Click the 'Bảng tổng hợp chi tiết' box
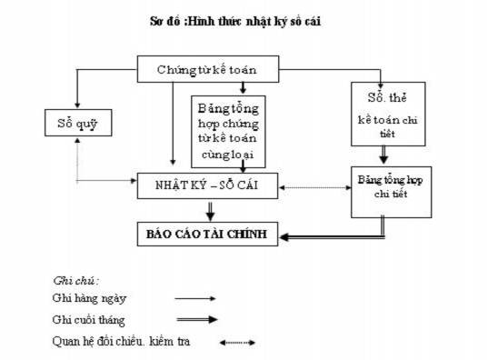pos(383,189)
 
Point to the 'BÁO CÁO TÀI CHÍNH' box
pos(207,234)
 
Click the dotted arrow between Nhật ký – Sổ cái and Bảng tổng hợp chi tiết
pos(318,187)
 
